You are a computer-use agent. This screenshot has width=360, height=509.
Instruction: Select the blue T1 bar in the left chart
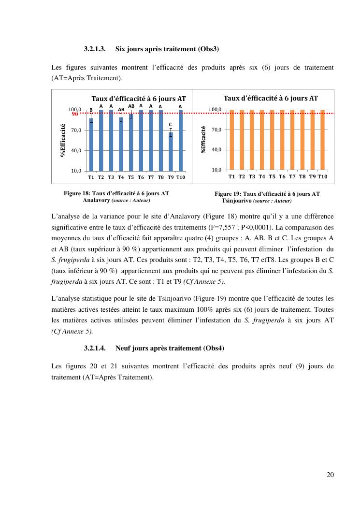coord(91,145)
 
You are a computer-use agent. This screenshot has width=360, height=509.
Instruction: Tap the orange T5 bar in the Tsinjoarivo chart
coord(272,140)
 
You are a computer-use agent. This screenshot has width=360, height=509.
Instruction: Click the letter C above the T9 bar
coord(170,125)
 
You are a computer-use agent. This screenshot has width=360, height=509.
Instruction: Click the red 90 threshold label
coord(75,115)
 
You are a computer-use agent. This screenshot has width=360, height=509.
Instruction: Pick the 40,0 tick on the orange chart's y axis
coord(216,150)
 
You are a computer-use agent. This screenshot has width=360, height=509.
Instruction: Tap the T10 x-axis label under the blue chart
coord(181,177)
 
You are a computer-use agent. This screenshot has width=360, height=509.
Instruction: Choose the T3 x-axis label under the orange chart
coord(252,176)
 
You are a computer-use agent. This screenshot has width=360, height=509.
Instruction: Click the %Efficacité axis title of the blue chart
coord(63,140)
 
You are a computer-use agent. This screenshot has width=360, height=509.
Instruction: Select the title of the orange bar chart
coord(271,98)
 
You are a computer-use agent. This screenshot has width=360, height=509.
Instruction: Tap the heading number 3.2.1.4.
coord(95,348)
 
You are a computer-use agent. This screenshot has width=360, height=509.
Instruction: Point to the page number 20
coord(330,475)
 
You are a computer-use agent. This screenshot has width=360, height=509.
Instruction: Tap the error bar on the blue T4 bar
coord(121,119)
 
